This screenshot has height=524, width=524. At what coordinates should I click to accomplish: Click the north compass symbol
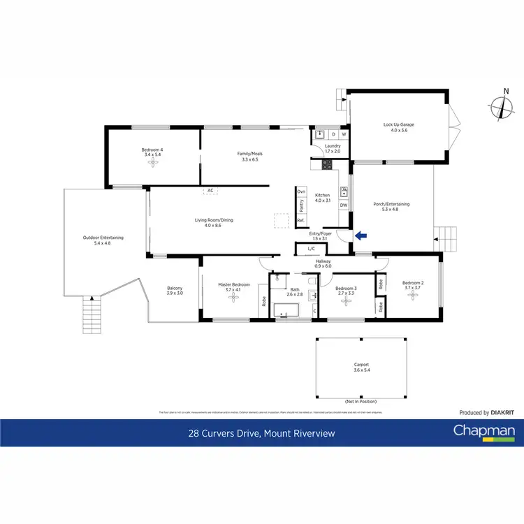click(501, 107)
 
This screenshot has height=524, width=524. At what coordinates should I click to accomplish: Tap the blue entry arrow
click(361, 235)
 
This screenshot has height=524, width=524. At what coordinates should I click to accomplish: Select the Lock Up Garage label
click(398, 125)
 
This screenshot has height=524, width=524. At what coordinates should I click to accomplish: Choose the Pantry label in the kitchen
click(301, 205)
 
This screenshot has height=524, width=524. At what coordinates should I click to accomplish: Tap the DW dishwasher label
click(343, 205)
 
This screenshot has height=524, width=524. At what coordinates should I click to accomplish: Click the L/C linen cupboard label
click(310, 249)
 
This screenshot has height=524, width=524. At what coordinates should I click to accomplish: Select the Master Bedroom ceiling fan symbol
click(233, 296)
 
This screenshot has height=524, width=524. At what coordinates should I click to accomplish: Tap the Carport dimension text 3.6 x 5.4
click(361, 370)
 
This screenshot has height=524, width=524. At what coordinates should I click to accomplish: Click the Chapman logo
click(484, 432)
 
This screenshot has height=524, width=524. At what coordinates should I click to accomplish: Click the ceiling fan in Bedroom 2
click(413, 294)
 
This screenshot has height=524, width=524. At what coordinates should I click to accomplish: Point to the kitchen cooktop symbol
click(326, 165)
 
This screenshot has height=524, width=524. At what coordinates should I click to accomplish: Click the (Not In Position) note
click(361, 402)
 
